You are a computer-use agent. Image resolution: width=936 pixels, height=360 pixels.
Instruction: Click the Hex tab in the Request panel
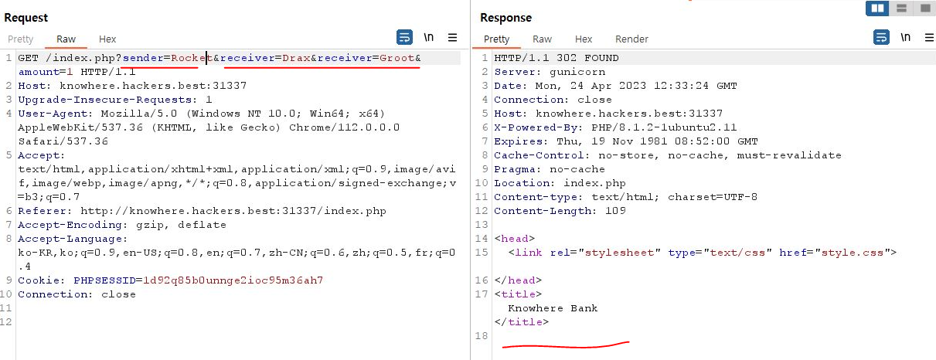107,39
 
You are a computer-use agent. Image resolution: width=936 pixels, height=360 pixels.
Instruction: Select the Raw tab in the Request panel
66,39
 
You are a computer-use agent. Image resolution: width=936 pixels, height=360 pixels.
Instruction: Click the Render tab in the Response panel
631,39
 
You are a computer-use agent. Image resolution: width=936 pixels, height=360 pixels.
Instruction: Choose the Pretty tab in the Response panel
496,39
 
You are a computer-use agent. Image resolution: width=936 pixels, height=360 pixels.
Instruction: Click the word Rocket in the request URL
189,58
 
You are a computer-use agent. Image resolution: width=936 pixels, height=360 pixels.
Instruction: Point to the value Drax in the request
295,58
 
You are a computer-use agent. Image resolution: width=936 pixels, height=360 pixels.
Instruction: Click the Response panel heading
505,18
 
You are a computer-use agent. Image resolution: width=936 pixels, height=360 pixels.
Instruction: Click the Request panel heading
26,18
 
